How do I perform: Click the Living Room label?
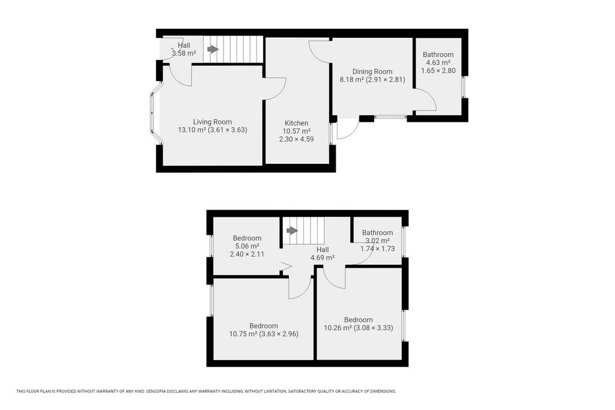[x=212, y=122]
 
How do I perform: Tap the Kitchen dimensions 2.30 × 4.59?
[x=297, y=139]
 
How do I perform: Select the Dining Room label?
[x=372, y=71]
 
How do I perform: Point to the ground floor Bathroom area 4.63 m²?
[x=438, y=62]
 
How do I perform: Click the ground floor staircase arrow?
[x=213, y=49]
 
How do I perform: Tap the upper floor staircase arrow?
[x=292, y=231]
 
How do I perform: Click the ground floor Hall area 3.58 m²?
[x=184, y=53]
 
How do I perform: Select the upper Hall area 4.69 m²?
[x=323, y=258]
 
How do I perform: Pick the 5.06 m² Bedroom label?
[x=247, y=238]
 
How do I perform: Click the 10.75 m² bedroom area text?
[x=243, y=334]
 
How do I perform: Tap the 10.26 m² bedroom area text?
[x=338, y=328]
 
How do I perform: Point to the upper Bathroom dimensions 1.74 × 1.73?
[x=378, y=249]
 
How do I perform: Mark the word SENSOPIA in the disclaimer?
[x=157, y=391]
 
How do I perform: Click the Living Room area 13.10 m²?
[x=192, y=130]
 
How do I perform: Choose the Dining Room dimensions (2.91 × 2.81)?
[x=386, y=80]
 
